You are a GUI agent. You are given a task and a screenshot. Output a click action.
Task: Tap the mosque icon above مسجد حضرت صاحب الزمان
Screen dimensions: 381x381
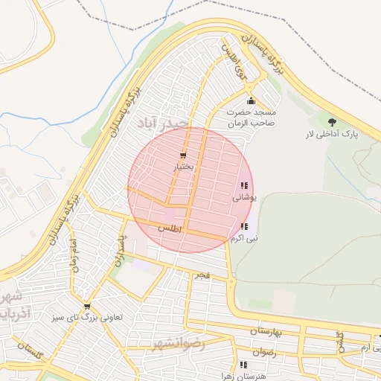(251, 101)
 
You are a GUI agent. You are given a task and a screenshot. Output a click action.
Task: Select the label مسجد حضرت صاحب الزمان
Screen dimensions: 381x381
(251, 116)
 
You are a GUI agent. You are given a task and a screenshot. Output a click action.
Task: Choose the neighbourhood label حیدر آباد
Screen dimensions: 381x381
(164, 121)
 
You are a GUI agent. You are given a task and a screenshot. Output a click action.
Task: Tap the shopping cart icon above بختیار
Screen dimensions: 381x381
(183, 156)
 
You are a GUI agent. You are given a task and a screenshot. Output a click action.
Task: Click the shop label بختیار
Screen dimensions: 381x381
(183, 167)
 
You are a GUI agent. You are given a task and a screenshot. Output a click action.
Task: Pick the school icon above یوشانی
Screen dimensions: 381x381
(244, 186)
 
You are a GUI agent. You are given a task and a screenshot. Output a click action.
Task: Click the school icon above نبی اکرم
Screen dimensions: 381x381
(244, 226)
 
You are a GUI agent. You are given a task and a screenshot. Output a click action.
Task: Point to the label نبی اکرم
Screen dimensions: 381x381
(244, 239)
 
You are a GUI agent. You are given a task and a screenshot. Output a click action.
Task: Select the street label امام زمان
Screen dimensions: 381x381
(74, 255)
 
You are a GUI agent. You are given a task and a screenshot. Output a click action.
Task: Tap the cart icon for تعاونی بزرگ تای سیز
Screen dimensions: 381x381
(87, 306)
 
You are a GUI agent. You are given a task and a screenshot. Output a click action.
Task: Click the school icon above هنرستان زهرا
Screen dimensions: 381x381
(243, 365)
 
